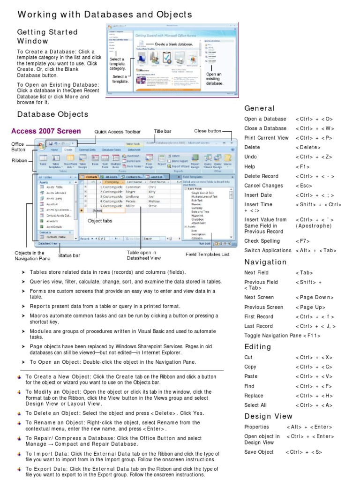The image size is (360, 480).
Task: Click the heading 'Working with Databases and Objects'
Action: click(105, 15)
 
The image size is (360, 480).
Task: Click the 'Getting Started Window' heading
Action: click(47, 37)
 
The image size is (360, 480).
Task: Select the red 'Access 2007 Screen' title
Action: click(46, 131)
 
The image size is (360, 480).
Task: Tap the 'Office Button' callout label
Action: click(18, 147)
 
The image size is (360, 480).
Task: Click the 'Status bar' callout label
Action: click(69, 255)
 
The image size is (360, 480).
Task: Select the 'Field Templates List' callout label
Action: click(207, 255)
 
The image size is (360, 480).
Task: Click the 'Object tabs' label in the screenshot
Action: click(100, 220)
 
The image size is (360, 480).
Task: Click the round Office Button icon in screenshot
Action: click(41, 145)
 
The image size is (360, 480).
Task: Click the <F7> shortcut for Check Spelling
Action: click(302, 241)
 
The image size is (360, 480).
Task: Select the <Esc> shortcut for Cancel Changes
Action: click(304, 186)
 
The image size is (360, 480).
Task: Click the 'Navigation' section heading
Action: click(265, 262)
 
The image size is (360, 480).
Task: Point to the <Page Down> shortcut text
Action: click(315, 297)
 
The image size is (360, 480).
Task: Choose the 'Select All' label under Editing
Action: click(255, 405)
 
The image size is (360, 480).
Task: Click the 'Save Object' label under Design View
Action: click(259, 452)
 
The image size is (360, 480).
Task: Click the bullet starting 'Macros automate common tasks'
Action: click(122, 319)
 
